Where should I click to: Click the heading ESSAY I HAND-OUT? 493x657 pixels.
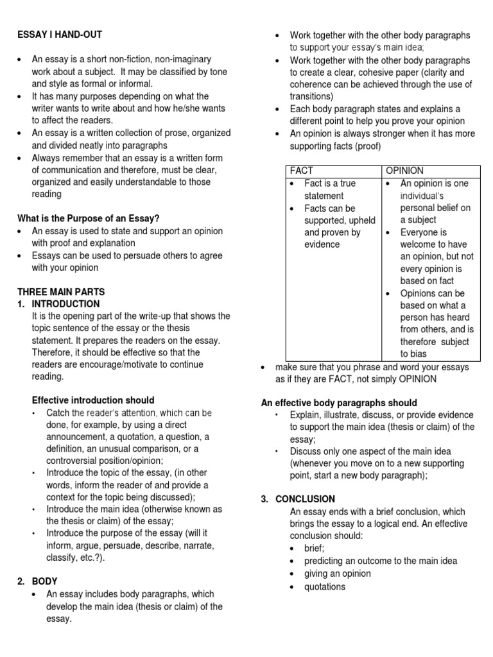(59, 35)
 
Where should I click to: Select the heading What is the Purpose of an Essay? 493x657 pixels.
(89, 218)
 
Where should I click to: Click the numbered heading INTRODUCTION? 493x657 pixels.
(65, 303)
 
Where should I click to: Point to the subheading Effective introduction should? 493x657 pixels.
(93, 400)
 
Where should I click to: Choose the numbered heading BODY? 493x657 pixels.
(45, 581)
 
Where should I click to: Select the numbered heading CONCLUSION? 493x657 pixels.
(305, 499)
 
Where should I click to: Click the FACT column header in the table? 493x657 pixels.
(302, 171)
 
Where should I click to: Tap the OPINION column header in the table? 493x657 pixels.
(404, 171)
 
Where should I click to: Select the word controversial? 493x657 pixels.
(75, 461)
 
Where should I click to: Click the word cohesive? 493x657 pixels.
(367, 73)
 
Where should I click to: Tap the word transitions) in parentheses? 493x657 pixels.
(313, 97)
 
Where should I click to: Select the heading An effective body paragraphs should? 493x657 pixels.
(338, 403)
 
